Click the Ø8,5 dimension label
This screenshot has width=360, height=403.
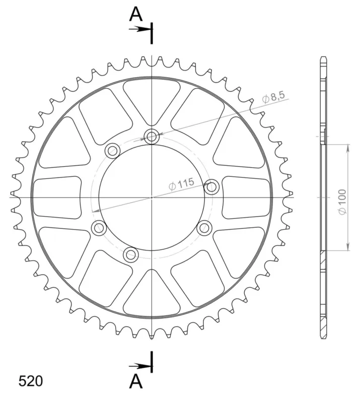[x=273, y=97]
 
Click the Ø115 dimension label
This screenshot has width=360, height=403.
[x=181, y=184]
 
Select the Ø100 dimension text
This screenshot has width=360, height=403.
[x=342, y=201]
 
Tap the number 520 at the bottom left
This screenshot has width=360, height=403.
[x=30, y=381]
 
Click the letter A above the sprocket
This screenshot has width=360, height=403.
[x=135, y=15]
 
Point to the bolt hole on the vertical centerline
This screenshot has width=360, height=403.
[x=152, y=137]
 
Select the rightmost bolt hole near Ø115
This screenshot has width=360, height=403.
[x=211, y=187]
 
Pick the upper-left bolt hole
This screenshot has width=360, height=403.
[x=113, y=150]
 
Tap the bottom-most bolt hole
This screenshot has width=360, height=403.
[x=131, y=254]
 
